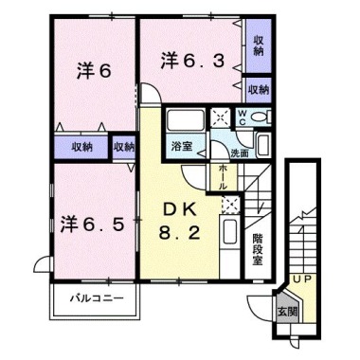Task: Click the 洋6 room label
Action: (94, 71)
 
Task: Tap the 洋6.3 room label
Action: (193, 61)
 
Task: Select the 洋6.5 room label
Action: (92, 225)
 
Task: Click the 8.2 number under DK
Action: (179, 233)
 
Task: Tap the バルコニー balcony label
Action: (97, 297)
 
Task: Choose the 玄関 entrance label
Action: (287, 312)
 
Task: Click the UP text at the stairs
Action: (302, 279)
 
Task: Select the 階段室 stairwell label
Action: (258, 249)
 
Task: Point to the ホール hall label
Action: (224, 177)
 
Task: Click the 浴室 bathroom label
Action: (182, 146)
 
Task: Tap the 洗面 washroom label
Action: (239, 153)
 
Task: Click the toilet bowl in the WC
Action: (261, 117)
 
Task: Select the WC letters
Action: (243, 117)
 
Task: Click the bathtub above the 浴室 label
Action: (185, 120)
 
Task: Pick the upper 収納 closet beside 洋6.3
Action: (259, 45)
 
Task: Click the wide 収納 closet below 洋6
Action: (81, 147)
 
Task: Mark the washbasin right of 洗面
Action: (262, 145)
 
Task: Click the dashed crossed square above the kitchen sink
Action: (231, 204)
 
